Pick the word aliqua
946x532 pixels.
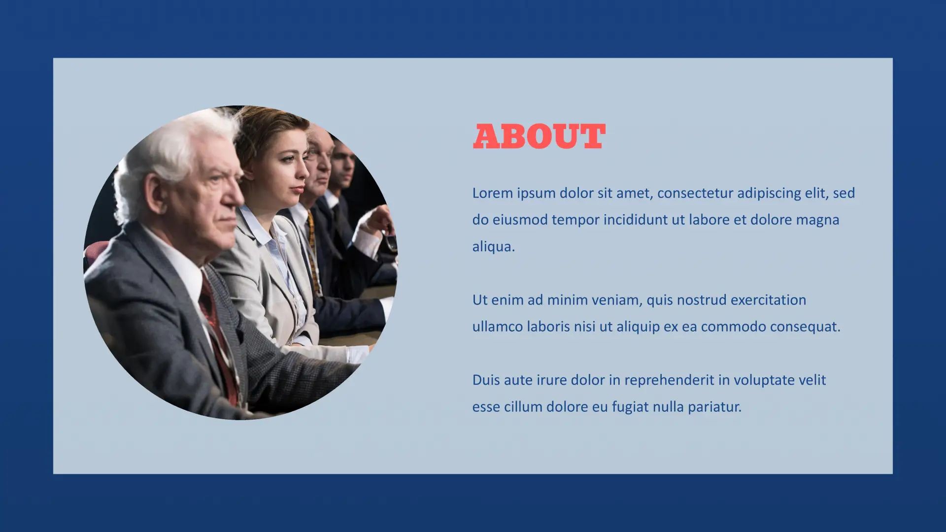coord(494,247)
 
